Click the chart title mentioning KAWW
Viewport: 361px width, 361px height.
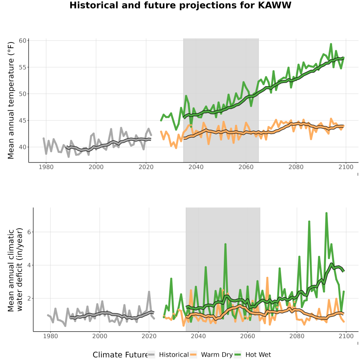click(180, 5)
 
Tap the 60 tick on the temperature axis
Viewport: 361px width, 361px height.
click(22, 41)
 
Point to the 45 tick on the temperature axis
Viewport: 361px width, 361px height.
click(22, 120)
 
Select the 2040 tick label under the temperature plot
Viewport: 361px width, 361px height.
click(196, 167)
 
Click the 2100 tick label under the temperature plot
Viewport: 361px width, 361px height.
click(346, 167)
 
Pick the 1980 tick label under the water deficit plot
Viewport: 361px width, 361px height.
click(51, 336)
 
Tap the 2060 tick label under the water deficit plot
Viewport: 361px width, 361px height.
click(247, 336)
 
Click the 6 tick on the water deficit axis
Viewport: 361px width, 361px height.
click(29, 232)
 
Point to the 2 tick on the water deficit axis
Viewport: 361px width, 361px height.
click(29, 298)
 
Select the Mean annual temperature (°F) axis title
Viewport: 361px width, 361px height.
click(11, 100)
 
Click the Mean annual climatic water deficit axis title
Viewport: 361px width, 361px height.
click(15, 270)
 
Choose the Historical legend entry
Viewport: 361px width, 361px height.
click(168, 355)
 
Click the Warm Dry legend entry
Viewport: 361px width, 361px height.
click(211, 355)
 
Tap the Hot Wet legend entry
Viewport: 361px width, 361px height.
click(253, 355)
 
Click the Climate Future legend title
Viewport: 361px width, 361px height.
click(120, 355)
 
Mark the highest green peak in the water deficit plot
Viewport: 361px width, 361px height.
click(327, 213)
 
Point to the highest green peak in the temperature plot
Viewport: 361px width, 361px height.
click(331, 44)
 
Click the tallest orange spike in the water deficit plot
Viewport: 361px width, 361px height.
click(267, 278)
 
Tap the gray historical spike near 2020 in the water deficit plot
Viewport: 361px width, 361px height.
click(149, 292)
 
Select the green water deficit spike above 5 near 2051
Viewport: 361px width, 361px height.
click(225, 244)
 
